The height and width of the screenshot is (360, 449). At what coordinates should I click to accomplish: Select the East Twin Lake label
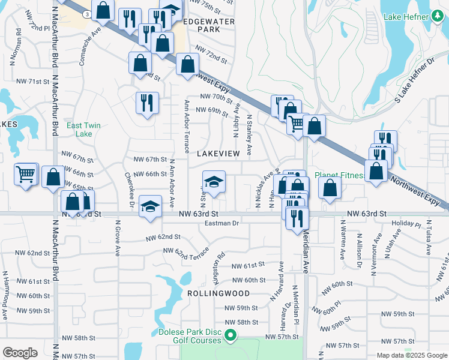(x=83, y=129)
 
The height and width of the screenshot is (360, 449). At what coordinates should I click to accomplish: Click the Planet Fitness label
(x=340, y=175)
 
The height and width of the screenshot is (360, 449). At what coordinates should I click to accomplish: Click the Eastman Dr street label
(x=221, y=223)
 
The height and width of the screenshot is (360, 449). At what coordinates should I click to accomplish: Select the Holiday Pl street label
(x=407, y=224)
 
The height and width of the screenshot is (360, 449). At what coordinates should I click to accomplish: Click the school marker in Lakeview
(x=213, y=181)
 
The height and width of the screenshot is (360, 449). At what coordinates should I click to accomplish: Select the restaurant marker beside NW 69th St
(x=146, y=103)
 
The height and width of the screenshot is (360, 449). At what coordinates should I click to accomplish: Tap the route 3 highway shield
(x=88, y=14)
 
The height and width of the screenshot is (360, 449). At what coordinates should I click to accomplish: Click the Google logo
(x=20, y=353)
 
